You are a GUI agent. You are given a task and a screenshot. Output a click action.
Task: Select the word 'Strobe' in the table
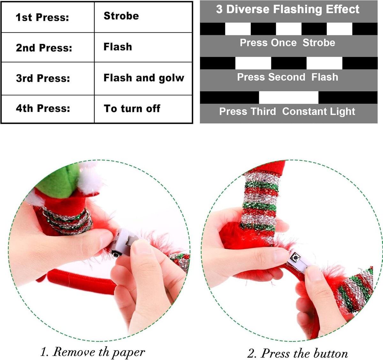click(x=121, y=16)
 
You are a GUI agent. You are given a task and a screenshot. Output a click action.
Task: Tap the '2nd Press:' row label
click(x=44, y=48)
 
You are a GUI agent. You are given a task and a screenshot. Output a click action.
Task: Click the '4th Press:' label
click(x=43, y=108)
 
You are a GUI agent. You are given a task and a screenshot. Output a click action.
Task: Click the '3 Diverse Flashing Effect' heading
click(x=288, y=9)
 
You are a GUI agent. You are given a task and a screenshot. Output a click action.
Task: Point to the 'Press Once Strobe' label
click(x=287, y=43)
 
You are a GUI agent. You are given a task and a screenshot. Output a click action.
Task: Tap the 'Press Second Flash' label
click(x=288, y=77)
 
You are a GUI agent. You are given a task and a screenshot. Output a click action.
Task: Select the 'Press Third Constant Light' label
click(x=287, y=112)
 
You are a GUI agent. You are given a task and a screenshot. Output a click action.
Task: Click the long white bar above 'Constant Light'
click(x=289, y=97)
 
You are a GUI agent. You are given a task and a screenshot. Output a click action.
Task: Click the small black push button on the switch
click(x=295, y=257)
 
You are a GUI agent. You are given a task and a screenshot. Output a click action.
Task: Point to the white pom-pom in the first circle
click(x=91, y=178)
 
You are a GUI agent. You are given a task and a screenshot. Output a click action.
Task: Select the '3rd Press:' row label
click(x=43, y=78)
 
